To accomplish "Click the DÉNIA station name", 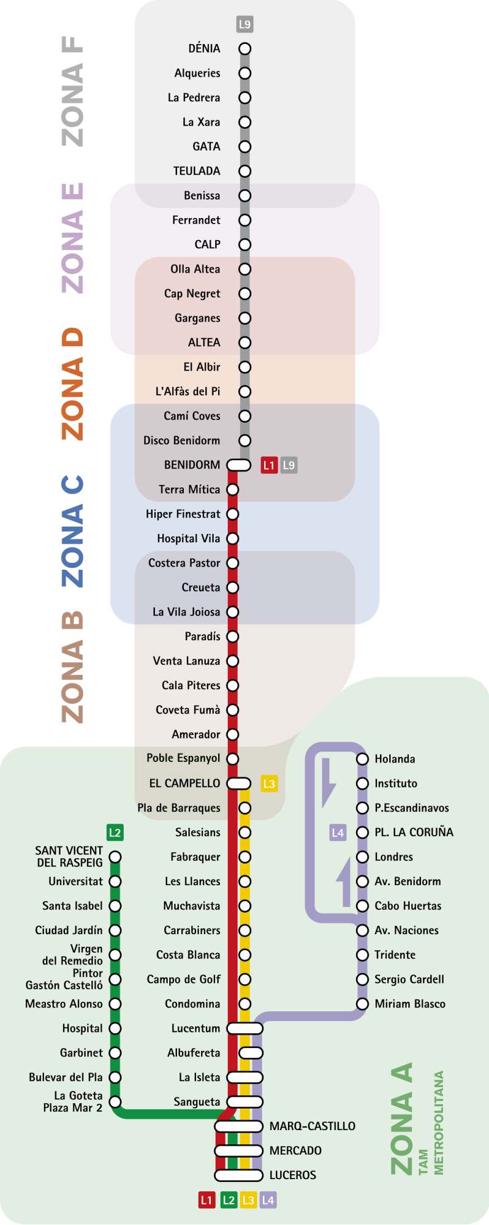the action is click(x=204, y=48).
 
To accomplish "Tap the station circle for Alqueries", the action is click(x=245, y=73).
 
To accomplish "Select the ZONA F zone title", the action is click(x=72, y=91).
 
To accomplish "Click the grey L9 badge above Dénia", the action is click(x=245, y=24).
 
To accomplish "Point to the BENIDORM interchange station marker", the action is click(x=238, y=465).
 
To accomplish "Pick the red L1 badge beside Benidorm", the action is click(x=269, y=465).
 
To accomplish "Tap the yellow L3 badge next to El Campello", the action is click(x=269, y=783).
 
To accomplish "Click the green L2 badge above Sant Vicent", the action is click(x=115, y=832).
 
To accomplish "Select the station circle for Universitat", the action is click(x=115, y=881).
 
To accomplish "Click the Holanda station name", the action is click(x=395, y=759).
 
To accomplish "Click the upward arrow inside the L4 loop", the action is click(x=344, y=882).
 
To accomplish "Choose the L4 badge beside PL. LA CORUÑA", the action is click(x=338, y=832).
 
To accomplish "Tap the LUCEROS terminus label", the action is click(x=293, y=1175).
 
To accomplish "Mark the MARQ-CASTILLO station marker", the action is click(x=238, y=1126).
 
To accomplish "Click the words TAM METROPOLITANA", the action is click(x=431, y=1123).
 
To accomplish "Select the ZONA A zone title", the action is click(x=401, y=1119).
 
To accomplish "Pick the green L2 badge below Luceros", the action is click(x=229, y=1200).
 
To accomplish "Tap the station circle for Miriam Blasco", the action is click(x=362, y=1004).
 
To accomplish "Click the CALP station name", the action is click(x=207, y=244).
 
